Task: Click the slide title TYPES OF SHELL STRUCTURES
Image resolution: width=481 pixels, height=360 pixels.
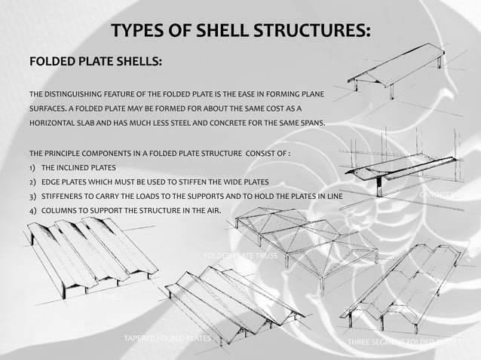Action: [240, 31]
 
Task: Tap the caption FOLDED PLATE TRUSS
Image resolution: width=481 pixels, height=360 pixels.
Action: [240, 257]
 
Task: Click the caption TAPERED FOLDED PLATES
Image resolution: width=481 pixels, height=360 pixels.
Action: [167, 339]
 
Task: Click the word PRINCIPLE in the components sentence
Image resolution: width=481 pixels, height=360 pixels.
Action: [64, 153]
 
